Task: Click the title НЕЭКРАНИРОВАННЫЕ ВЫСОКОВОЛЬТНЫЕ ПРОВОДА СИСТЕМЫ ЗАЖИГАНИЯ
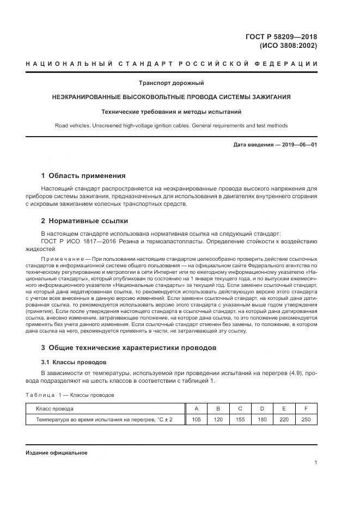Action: [x=171, y=97]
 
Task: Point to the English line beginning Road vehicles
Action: [x=171, y=126]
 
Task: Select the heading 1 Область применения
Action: [x=83, y=176]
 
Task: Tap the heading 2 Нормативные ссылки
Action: [x=84, y=220]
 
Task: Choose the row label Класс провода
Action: [x=54, y=408]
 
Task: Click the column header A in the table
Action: [x=196, y=408]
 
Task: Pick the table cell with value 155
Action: [x=240, y=419]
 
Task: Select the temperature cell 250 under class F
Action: [x=306, y=419]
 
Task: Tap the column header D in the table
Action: [x=262, y=408]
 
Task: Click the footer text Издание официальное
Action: [x=57, y=453]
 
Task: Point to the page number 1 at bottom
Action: [x=316, y=463]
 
